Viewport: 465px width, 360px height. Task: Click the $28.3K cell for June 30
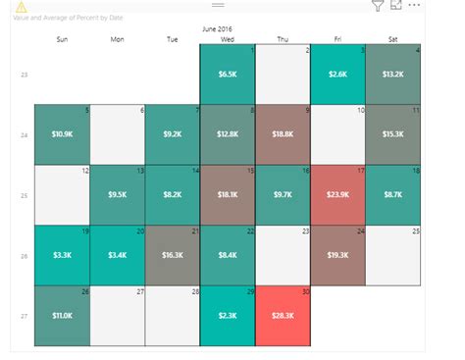coord(282,316)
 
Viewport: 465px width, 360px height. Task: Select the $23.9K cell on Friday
coord(336,194)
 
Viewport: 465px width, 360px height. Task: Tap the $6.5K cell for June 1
coord(227,74)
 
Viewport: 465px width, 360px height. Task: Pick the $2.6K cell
coord(336,74)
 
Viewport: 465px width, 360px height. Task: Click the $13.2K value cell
coord(392,74)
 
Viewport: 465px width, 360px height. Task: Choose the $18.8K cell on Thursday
coord(282,133)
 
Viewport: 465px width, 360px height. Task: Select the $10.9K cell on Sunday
coord(62,133)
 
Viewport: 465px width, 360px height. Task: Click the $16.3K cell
coord(172,255)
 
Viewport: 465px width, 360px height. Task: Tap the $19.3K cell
coord(336,255)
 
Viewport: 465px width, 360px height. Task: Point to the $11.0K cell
coord(62,316)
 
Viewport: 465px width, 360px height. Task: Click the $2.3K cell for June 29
coord(227,316)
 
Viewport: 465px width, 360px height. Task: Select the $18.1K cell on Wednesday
coord(227,194)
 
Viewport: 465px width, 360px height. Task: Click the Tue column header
coord(173,39)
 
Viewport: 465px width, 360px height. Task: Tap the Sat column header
coord(392,39)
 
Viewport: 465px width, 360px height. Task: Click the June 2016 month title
coord(228,29)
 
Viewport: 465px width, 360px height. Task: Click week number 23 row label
coord(25,75)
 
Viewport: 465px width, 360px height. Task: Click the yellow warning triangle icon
coord(21,7)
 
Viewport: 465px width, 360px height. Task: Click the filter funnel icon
coord(378,6)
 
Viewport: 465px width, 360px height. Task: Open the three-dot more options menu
coord(415,5)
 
